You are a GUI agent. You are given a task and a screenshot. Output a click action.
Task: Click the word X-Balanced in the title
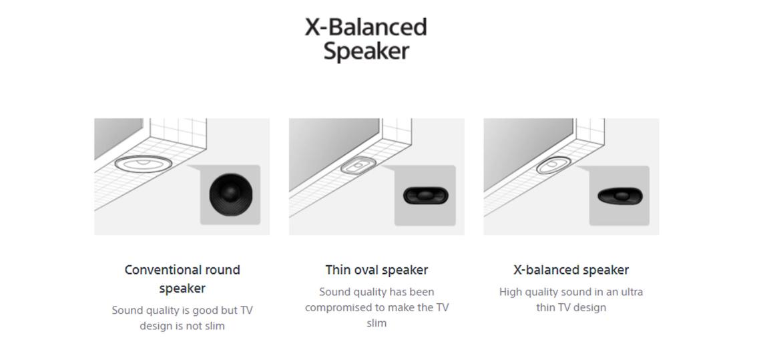click(366, 27)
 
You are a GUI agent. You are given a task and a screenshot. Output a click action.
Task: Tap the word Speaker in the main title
click(366, 51)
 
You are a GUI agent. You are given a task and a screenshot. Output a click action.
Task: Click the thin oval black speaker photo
click(426, 196)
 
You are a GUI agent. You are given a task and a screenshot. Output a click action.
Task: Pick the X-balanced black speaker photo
click(619, 196)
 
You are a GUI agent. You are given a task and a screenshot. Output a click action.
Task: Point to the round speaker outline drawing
click(143, 164)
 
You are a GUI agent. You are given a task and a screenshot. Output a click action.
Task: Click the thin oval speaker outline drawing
click(358, 165)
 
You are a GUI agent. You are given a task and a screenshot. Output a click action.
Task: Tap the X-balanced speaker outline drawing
click(554, 165)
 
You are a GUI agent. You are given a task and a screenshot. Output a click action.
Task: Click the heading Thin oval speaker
click(376, 270)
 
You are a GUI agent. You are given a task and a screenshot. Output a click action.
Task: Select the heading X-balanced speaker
click(571, 270)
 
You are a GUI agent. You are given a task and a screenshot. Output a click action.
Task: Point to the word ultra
click(632, 292)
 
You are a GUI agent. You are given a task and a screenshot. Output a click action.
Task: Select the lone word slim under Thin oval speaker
click(376, 323)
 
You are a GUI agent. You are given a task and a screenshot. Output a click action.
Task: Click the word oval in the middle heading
click(364, 270)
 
